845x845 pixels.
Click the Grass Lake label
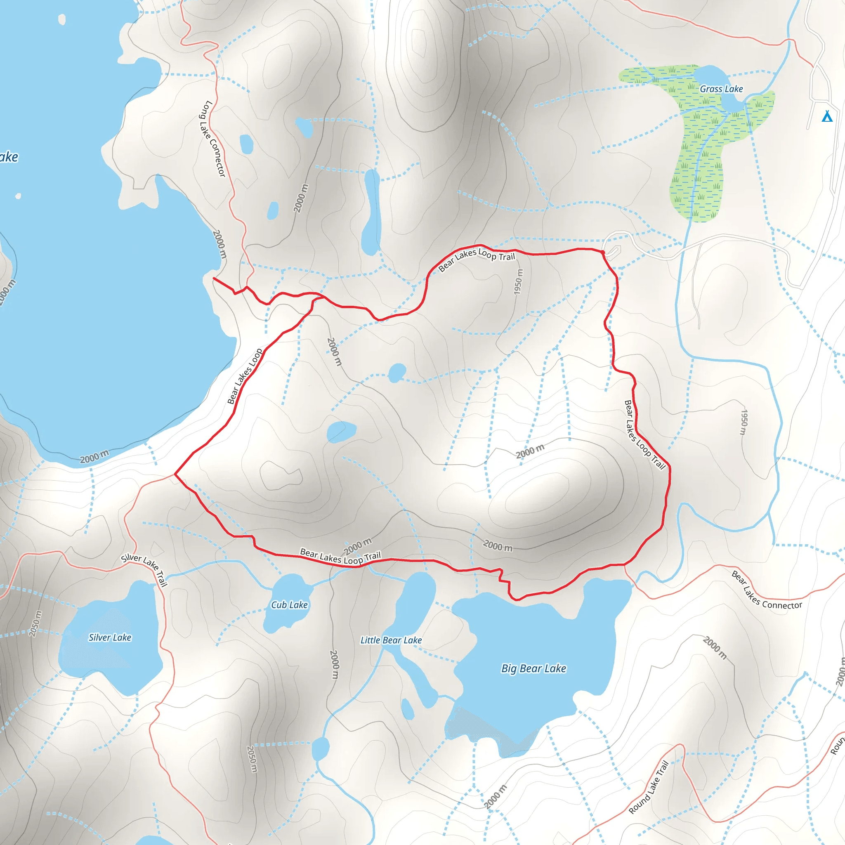pyautogui.click(x=721, y=89)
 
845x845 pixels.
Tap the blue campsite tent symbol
pyautogui.click(x=827, y=116)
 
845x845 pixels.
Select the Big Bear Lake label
pyautogui.click(x=533, y=668)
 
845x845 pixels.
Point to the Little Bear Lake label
pyautogui.click(x=391, y=640)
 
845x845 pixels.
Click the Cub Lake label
pyautogui.click(x=289, y=605)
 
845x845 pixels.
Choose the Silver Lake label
pyautogui.click(x=110, y=638)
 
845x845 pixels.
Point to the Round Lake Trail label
pyautogui.click(x=649, y=787)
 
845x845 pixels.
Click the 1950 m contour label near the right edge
pyautogui.click(x=744, y=422)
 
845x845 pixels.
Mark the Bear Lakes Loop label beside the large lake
pyautogui.click(x=245, y=376)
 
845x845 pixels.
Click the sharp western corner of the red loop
pyautogui.click(x=175, y=474)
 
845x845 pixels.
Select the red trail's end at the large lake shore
pyautogui.click(x=213, y=278)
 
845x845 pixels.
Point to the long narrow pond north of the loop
pyautogui.click(x=371, y=212)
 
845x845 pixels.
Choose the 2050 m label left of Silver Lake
pyautogui.click(x=36, y=624)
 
